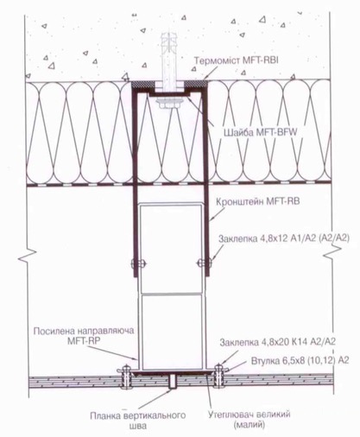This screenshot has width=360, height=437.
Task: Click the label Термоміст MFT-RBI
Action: [x=237, y=60]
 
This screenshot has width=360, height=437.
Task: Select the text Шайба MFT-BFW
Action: [x=261, y=133]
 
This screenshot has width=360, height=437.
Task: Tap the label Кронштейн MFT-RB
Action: [x=258, y=201]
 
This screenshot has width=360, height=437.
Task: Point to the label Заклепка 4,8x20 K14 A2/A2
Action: [x=278, y=342]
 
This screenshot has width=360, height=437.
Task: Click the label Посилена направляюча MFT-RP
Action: [x=84, y=335]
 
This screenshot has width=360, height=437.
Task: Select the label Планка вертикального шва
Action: [x=138, y=421]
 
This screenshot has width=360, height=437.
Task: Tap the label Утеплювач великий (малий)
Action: [x=249, y=420]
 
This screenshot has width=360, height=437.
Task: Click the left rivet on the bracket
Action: [x=138, y=263]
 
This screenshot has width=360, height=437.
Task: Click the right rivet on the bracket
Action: [x=205, y=263]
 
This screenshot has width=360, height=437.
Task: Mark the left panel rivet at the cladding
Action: [x=126, y=376]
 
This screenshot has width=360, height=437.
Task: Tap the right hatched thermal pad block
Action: [x=196, y=84]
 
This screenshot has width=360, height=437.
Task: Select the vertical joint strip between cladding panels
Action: [x=173, y=382]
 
